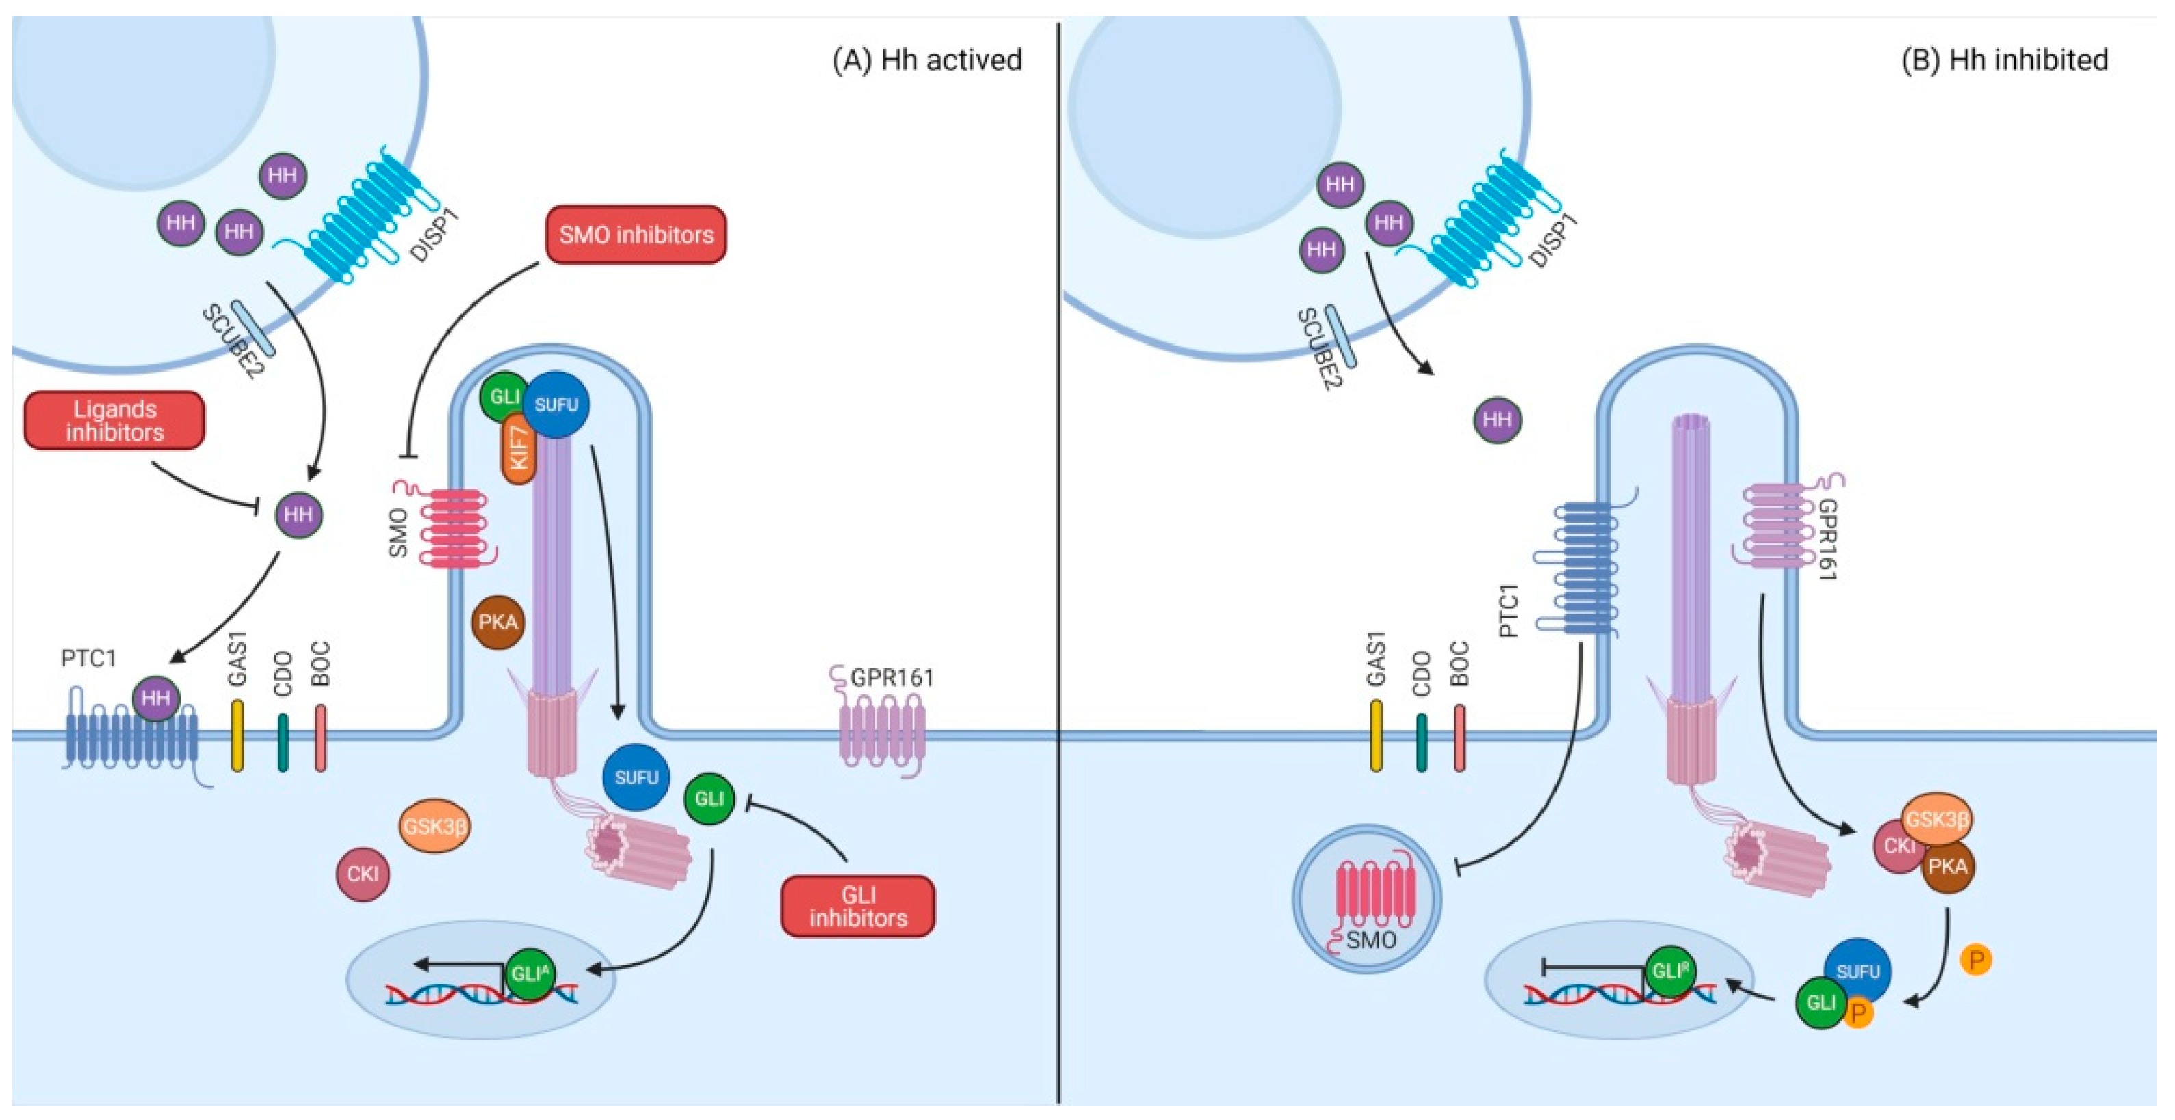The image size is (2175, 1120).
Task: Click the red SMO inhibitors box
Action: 636,235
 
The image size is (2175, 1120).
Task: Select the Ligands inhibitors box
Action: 115,421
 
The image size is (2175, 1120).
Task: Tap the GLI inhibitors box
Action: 858,907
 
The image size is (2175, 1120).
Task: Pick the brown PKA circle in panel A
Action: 497,623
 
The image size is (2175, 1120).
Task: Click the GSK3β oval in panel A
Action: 434,826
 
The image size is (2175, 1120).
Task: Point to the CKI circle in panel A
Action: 363,874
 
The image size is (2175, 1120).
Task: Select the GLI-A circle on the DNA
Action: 530,974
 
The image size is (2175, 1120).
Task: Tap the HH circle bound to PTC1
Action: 156,699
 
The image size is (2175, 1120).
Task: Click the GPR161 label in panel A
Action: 891,677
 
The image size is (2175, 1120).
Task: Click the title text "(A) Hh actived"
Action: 926,60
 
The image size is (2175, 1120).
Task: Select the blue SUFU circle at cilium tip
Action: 556,404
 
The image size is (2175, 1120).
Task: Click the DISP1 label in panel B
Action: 1554,241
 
